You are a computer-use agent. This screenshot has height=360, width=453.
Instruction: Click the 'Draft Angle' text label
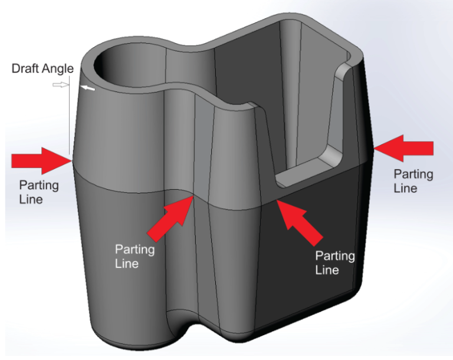pyautogui.click(x=42, y=68)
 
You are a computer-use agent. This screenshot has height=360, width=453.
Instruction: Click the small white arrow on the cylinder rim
pyautogui.click(x=87, y=88)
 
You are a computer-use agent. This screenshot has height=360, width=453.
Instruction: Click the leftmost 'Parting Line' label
pyautogui.click(x=38, y=192)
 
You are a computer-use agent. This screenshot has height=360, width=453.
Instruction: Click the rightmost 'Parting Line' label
pyautogui.click(x=413, y=181)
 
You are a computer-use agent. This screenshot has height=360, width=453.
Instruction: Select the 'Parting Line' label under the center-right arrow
pyautogui.click(x=334, y=263)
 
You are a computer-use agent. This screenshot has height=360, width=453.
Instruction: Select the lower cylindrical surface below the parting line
pyautogui.click(x=118, y=259)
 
